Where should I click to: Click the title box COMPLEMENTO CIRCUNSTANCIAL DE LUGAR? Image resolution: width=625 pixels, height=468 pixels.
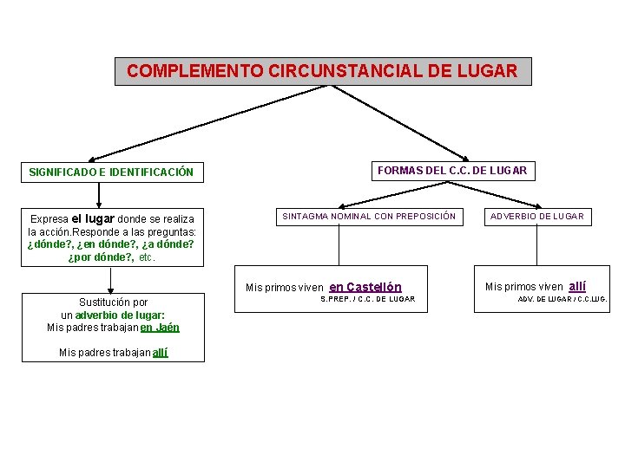(x=322, y=71)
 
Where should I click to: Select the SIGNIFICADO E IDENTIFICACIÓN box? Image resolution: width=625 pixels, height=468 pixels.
(x=111, y=172)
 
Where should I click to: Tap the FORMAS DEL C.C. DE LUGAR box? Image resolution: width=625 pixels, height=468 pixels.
(x=451, y=171)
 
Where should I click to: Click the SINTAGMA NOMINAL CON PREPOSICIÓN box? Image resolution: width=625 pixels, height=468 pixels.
(x=367, y=216)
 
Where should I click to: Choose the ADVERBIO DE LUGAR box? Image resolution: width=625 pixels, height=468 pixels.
(x=537, y=216)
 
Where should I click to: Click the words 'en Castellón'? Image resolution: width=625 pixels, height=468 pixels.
(x=365, y=287)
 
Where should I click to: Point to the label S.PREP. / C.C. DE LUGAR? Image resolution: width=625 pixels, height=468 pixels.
(x=368, y=300)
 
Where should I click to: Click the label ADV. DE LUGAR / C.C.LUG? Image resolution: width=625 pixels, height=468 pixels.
(x=562, y=300)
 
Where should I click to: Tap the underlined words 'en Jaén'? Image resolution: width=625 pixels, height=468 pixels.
(x=160, y=328)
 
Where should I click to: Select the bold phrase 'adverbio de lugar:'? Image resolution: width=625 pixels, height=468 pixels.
(x=121, y=315)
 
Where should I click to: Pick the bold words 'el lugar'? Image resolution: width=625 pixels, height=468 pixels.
(x=93, y=218)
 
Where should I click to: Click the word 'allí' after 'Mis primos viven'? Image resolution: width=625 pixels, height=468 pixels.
(x=577, y=286)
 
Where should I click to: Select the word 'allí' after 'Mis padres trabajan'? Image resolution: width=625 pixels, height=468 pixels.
(x=160, y=353)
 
